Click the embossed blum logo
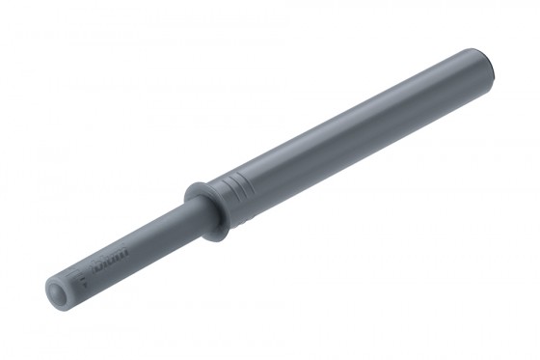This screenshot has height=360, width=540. coord(109,262)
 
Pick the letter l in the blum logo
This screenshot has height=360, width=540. coord(104,263)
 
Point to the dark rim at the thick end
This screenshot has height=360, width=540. coord(493,63)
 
